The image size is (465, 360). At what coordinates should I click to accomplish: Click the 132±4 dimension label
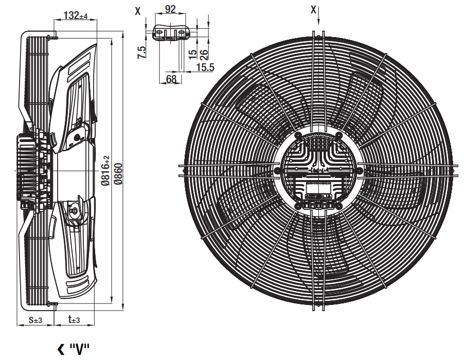(x=76, y=15)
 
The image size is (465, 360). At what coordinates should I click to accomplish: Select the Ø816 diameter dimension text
(x=105, y=170)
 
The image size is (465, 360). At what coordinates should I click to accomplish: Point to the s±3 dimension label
(x=35, y=320)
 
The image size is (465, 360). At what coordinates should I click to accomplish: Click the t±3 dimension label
(x=74, y=319)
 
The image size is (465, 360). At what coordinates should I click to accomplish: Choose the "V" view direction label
(x=79, y=349)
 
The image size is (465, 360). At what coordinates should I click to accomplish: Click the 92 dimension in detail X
(x=170, y=9)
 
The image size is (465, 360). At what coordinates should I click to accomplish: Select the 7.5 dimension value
(x=142, y=52)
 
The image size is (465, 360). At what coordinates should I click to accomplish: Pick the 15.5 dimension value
(x=205, y=67)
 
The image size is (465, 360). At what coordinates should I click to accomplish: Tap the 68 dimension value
(x=171, y=79)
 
